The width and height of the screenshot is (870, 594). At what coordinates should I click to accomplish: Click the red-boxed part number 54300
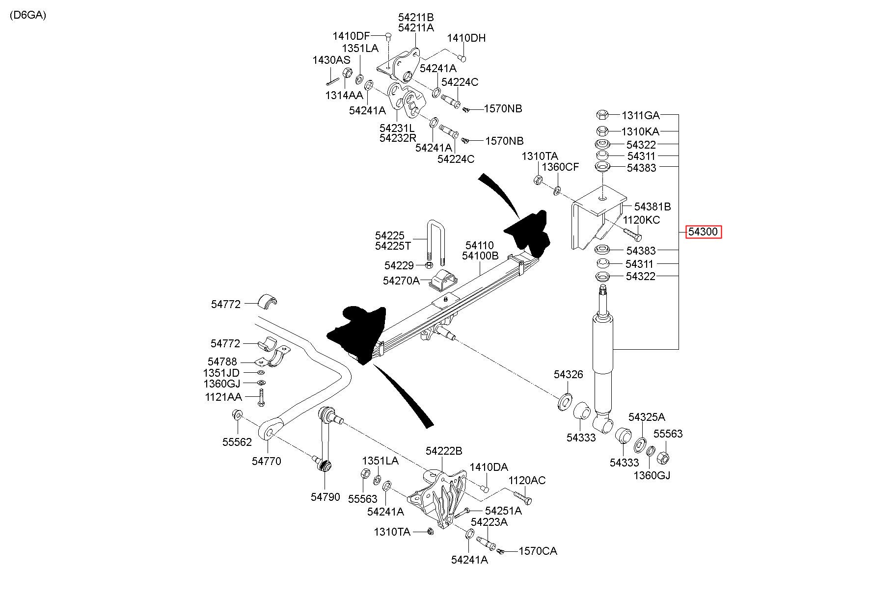point(704,232)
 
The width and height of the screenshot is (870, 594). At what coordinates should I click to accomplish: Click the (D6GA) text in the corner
point(27,15)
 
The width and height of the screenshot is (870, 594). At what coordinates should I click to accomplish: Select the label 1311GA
point(641,116)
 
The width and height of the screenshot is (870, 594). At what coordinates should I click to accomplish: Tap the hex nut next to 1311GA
point(602,115)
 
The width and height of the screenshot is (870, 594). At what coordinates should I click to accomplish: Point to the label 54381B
point(652,207)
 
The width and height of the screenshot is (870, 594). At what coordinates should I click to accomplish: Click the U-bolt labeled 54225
point(92,243)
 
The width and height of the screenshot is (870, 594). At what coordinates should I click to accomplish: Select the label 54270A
point(402,281)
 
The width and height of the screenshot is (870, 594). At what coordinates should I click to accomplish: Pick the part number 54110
point(480,245)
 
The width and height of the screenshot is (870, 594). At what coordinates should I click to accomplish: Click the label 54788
point(222,362)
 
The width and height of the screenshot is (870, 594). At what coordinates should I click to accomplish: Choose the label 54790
point(325,497)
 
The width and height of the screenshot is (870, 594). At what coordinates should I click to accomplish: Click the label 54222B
point(444,451)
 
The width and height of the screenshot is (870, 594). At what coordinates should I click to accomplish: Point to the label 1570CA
point(538,551)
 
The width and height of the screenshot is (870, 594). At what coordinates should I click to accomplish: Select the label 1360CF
point(560,167)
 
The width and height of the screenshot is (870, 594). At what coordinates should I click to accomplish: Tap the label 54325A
point(647,417)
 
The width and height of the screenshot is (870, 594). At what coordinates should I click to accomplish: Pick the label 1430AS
point(331,60)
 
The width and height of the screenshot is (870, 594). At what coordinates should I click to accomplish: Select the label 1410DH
point(466,38)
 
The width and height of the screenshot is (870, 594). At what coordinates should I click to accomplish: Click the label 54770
point(267,461)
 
